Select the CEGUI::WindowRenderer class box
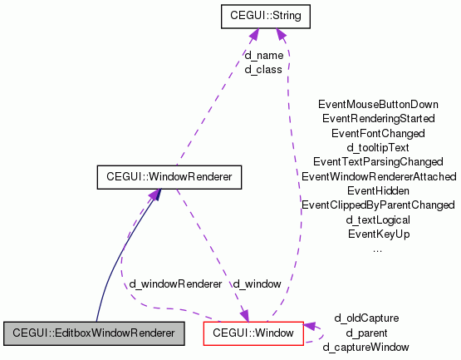click(x=169, y=176)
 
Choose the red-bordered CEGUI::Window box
click(x=253, y=333)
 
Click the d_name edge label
click(x=263, y=55)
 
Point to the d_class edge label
click(x=263, y=69)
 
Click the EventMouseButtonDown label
click(x=378, y=105)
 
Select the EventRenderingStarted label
click(x=378, y=119)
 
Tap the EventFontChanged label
click(x=378, y=133)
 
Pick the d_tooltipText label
click(x=378, y=147)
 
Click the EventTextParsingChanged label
click(x=378, y=161)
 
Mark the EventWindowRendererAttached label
click(x=378, y=176)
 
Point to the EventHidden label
click(x=378, y=190)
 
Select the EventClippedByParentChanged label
click(x=378, y=205)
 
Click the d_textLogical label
click(x=378, y=219)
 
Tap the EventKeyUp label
click(x=378, y=234)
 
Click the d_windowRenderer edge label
click(x=175, y=284)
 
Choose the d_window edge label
click(x=257, y=284)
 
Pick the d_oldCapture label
click(x=366, y=318)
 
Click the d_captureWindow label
click(x=365, y=347)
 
